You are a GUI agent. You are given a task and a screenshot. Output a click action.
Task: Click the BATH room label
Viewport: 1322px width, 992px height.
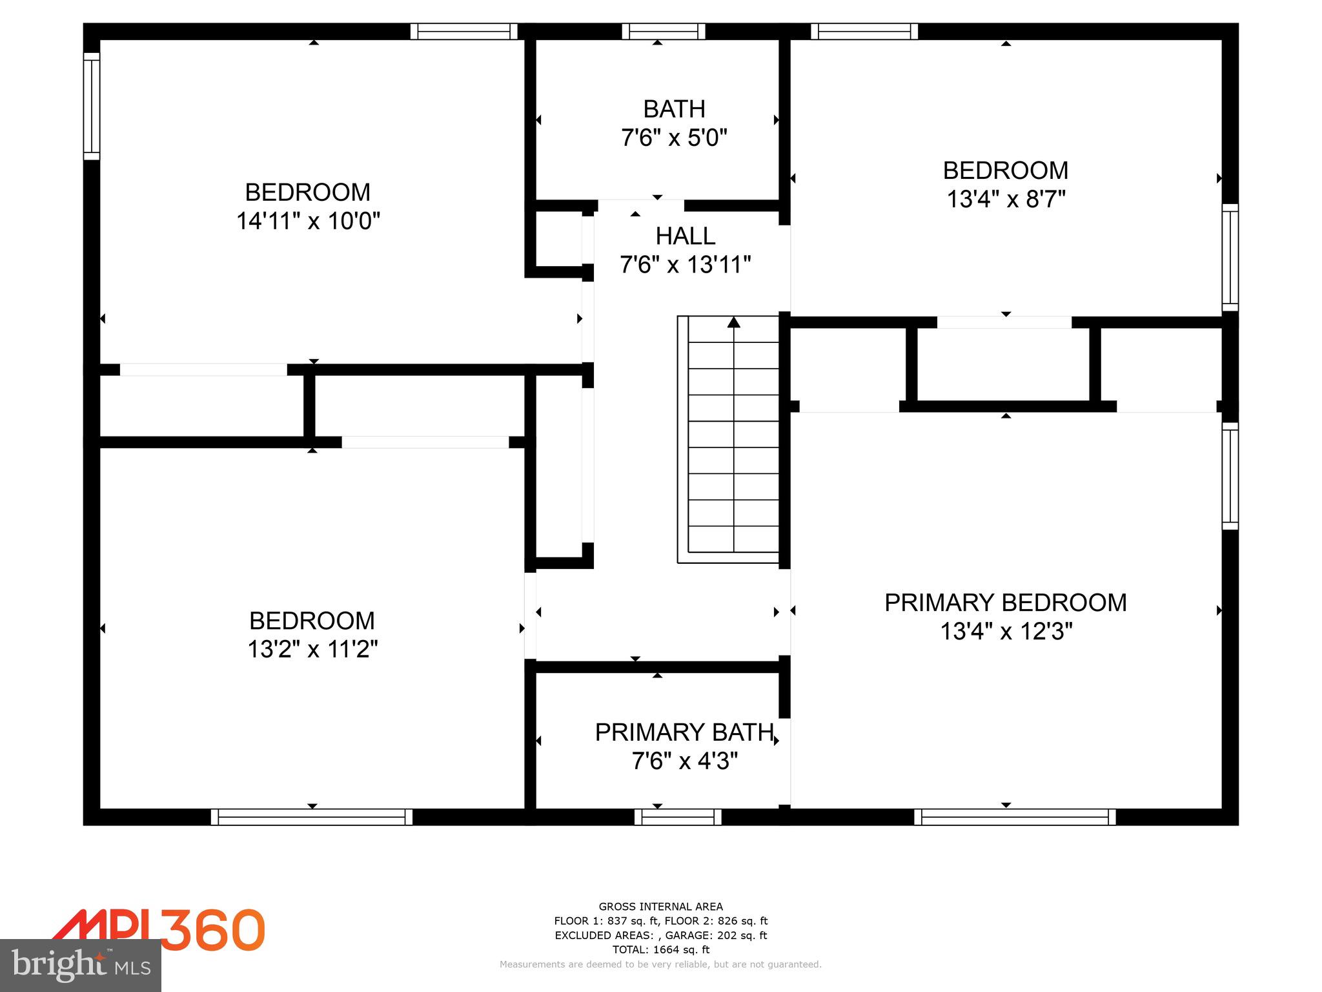coord(674,109)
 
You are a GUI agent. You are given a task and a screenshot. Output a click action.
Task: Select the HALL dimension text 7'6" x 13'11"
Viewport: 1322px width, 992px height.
coord(685,265)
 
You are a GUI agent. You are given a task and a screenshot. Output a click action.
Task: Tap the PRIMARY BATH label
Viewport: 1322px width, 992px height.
coord(684,732)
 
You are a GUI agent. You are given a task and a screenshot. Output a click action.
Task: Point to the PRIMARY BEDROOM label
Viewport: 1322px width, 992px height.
coord(1005,603)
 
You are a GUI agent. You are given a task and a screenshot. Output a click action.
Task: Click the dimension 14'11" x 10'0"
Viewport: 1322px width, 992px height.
coord(308,221)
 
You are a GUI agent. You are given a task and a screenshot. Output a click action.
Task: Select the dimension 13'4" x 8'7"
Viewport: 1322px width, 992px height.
coord(1005,199)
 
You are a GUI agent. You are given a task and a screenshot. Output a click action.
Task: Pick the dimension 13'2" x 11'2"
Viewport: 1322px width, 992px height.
coord(312,648)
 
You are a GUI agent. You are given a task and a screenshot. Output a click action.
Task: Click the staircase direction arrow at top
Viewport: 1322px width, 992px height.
coord(734,322)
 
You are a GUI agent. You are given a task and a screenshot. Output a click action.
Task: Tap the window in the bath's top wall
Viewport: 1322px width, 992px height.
coord(664,31)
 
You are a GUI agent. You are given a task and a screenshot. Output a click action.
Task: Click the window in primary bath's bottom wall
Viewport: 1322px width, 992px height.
coord(678,817)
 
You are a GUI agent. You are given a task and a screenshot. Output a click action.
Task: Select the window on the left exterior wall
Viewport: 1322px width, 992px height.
coord(92,106)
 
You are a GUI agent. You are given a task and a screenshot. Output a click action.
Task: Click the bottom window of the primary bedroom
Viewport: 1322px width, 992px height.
coord(1015,817)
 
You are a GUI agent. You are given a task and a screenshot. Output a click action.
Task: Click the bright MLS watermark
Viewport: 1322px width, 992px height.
coord(81,965)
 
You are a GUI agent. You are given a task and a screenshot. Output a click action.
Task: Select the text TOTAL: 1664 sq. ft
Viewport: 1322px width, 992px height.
coord(660,949)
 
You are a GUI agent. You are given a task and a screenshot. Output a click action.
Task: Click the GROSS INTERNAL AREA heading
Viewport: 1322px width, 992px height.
coord(660,907)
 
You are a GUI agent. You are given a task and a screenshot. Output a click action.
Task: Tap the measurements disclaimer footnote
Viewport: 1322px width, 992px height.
coord(660,964)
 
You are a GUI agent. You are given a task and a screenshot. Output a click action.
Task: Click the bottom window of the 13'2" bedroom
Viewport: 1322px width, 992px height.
coord(312,817)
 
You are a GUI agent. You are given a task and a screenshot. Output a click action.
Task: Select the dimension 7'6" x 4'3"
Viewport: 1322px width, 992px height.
coord(684,761)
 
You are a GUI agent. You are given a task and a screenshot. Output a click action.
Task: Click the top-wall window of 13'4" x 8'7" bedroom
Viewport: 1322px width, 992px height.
coord(864,31)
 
